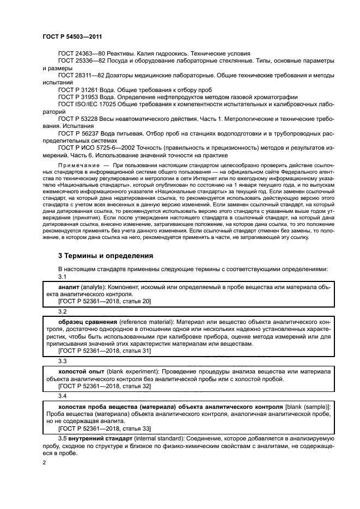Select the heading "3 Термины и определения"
(x=105, y=255)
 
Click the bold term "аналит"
(x=69, y=286)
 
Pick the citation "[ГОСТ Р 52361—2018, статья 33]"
(x=105, y=428)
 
